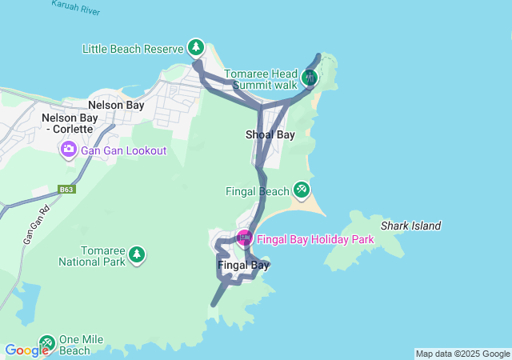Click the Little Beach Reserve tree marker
click(x=196, y=47)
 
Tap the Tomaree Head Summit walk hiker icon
click(x=310, y=78)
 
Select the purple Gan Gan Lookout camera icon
click(x=68, y=150)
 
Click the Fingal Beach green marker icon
click(x=301, y=190)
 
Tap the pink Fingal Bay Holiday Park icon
click(x=244, y=238)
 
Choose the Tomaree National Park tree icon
click(x=137, y=254)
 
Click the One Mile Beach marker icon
click(x=46, y=343)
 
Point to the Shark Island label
click(x=410, y=226)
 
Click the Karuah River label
click(x=75, y=7)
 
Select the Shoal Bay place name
click(x=270, y=134)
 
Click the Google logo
click(x=27, y=350)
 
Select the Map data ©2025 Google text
click(x=462, y=354)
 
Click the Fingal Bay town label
click(x=242, y=265)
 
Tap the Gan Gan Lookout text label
click(x=123, y=150)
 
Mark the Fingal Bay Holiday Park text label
click(x=315, y=239)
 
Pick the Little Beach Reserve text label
click(x=133, y=49)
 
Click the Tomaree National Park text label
click(x=92, y=255)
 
